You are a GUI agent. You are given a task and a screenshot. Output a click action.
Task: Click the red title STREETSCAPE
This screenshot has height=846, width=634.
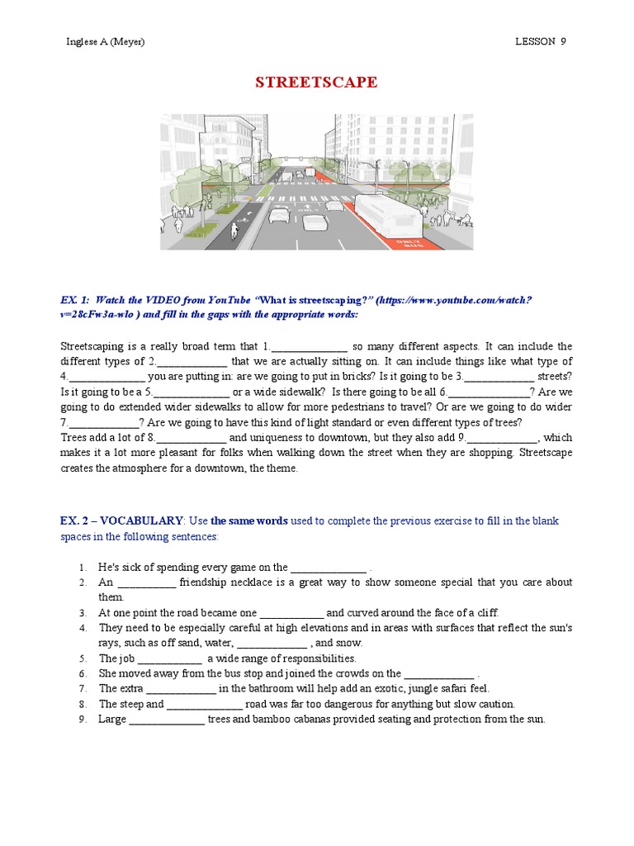(x=316, y=83)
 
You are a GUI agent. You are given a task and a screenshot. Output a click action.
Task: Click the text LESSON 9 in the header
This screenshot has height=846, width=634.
(x=541, y=41)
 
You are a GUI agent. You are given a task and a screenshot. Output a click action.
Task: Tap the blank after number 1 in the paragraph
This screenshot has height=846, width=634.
(x=309, y=347)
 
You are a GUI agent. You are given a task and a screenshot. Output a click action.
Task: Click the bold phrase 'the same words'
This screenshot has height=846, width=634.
(x=248, y=520)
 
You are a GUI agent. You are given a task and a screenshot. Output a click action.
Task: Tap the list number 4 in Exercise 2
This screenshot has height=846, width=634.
(x=83, y=628)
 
